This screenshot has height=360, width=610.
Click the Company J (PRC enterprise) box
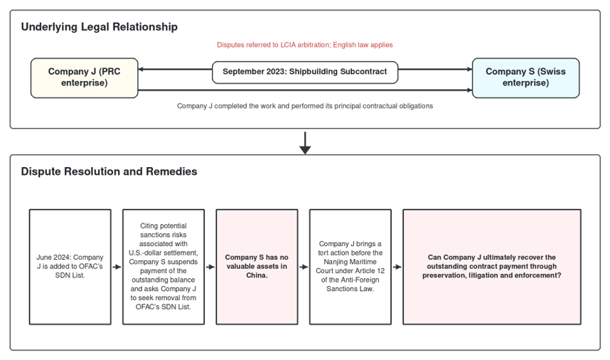pos(85,78)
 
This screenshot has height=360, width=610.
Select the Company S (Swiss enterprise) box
pos(525,78)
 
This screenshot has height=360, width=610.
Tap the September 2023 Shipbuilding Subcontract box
pos(305,72)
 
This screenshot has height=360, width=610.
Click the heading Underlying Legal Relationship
pos(100,27)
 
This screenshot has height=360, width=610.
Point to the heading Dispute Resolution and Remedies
pos(109,171)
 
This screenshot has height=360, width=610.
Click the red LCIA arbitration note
pos(305,45)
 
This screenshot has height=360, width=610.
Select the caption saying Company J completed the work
pos(305,106)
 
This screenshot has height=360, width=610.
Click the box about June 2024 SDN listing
pos(70,267)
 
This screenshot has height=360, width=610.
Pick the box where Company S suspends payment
pos(164,267)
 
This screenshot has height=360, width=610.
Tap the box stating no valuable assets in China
pos(257,267)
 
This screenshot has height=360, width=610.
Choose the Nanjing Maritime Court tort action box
pos(350,267)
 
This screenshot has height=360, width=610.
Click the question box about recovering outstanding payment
pos(492,267)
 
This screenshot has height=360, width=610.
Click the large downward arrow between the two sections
pos(305,143)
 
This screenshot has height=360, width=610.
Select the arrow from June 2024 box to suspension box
pos(117,267)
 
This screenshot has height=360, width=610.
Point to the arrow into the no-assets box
pos(210,267)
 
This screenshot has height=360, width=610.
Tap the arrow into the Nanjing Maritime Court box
pos(304,267)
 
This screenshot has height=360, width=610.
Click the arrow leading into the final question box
pos(397,267)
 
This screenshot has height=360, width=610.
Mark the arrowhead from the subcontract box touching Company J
pos(141,69)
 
